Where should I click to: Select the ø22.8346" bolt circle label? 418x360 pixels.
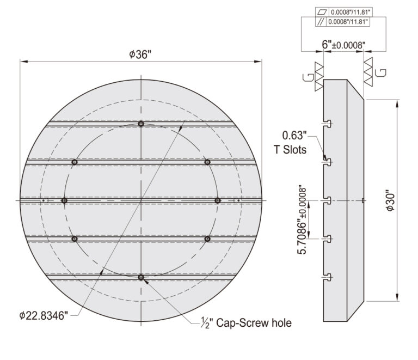[43, 316]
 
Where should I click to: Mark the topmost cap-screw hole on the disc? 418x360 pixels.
[141, 124]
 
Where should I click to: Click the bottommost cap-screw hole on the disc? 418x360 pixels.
[141, 277]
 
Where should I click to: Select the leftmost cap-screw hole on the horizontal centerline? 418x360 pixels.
[64, 200]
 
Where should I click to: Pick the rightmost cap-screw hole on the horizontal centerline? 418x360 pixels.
[218, 200]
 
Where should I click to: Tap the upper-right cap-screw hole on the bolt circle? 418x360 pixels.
[207, 162]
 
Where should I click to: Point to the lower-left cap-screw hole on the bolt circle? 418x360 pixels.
[75, 239]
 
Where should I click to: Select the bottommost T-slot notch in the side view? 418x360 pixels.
[327, 278]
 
